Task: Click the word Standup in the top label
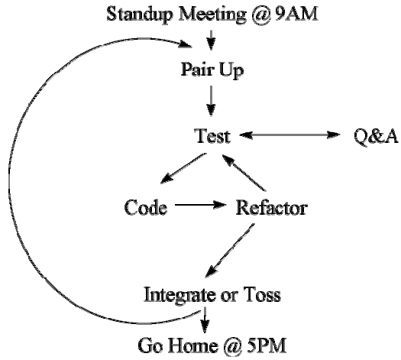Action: point(139,15)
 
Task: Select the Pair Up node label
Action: point(212,70)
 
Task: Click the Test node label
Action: point(212,135)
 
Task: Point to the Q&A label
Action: point(377,136)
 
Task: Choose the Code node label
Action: point(146,206)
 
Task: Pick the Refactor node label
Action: point(272,207)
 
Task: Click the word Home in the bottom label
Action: point(192,345)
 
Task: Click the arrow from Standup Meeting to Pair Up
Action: point(211,41)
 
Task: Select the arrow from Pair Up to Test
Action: point(211,101)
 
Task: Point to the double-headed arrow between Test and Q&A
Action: point(289,135)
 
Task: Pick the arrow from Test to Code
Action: point(183,168)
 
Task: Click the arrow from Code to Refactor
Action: point(200,205)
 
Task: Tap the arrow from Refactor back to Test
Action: point(244,173)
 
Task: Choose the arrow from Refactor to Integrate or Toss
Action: point(230,251)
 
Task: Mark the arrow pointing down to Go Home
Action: point(205,319)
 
